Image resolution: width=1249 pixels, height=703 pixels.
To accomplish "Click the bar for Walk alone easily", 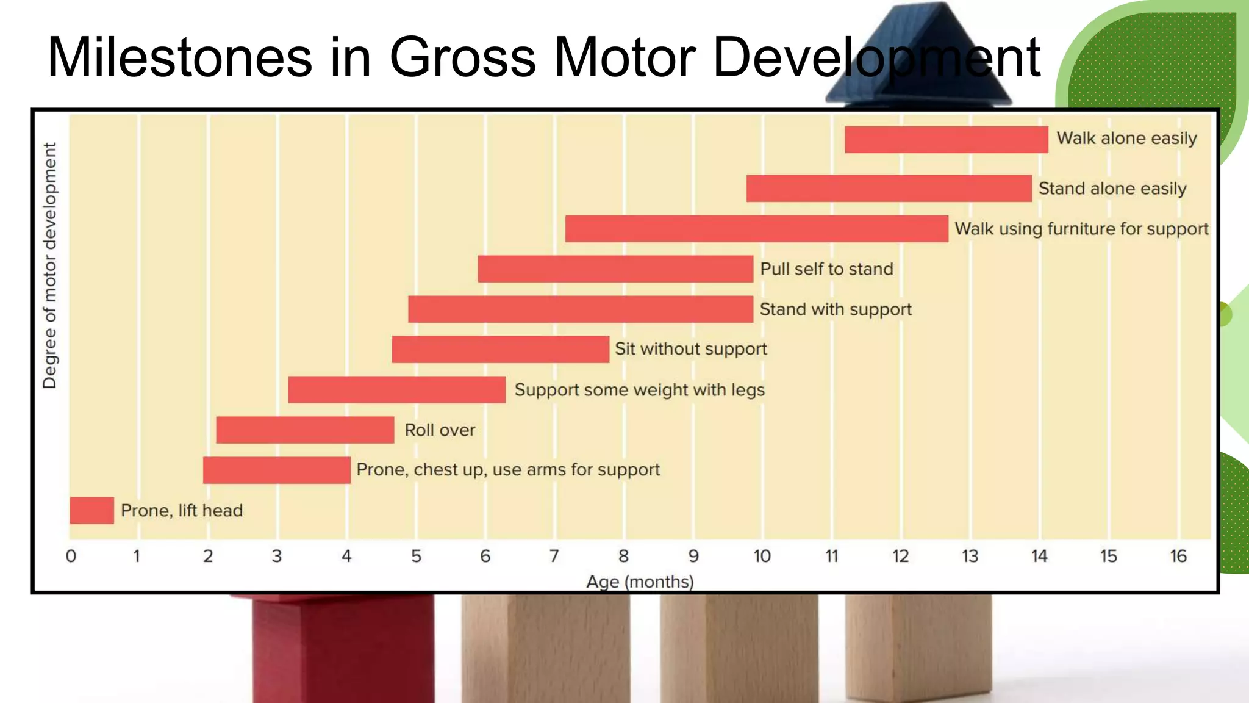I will pyautogui.click(x=946, y=140).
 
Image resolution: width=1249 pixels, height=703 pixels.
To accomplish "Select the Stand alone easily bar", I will pyautogui.click(x=889, y=189).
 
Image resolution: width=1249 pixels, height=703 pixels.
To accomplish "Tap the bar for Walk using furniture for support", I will pyautogui.click(x=756, y=229).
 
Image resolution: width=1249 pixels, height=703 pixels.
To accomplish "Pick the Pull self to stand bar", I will pyautogui.click(x=615, y=269).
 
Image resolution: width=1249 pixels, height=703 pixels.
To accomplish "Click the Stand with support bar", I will pyautogui.click(x=581, y=309).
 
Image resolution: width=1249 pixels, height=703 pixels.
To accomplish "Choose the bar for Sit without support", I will pyautogui.click(x=500, y=350).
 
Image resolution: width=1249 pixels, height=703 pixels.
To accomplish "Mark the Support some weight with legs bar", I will pyautogui.click(x=396, y=390).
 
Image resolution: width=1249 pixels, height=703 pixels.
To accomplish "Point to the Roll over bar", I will pyautogui.click(x=305, y=430).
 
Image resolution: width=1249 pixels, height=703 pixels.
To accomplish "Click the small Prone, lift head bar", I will pyautogui.click(x=91, y=511).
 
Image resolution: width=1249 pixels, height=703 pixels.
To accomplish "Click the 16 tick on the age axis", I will pyautogui.click(x=1178, y=557).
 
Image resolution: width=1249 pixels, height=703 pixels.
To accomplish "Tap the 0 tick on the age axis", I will pyautogui.click(x=71, y=557).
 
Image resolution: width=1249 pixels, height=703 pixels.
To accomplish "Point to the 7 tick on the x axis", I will pyautogui.click(x=554, y=557).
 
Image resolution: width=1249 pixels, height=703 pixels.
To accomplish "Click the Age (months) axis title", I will pyautogui.click(x=640, y=582).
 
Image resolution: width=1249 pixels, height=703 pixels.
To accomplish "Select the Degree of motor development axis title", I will pyautogui.click(x=49, y=265).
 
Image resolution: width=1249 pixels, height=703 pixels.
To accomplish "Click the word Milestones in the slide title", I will pyautogui.click(x=179, y=58).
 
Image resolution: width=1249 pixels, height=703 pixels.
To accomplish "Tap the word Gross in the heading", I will pyautogui.click(x=463, y=58).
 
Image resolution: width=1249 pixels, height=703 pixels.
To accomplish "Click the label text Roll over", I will pyautogui.click(x=440, y=430).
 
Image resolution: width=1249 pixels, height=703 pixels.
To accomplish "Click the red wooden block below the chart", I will pyautogui.click(x=343, y=650).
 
